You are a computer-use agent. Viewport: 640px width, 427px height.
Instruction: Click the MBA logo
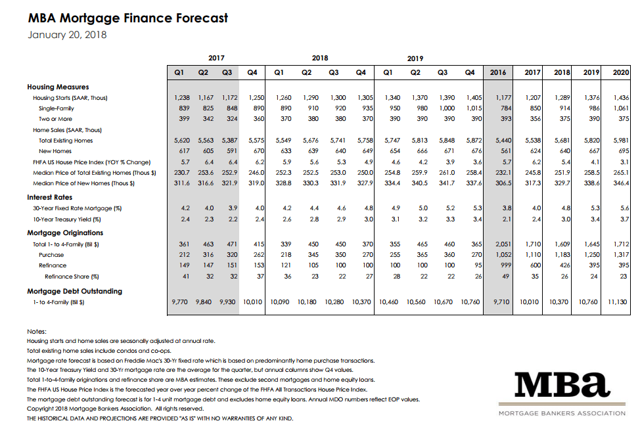click(x=562, y=388)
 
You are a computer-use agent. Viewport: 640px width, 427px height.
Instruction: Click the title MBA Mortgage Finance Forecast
click(x=128, y=18)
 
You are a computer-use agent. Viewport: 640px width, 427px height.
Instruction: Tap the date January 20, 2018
click(x=67, y=35)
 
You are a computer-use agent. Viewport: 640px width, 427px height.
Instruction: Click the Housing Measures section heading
click(x=58, y=87)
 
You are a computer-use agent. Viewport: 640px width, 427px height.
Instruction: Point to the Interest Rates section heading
click(x=50, y=197)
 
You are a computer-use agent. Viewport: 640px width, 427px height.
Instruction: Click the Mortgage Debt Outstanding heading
click(x=74, y=291)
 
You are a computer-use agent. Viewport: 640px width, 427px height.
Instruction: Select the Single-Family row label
click(x=56, y=108)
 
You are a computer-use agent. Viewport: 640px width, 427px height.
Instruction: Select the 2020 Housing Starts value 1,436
click(x=620, y=98)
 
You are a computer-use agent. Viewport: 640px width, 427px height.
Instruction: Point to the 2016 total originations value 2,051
click(x=502, y=244)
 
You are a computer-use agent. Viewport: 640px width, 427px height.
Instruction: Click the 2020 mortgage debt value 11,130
click(x=619, y=302)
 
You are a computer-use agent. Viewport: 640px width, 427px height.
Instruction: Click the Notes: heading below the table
click(x=37, y=332)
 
